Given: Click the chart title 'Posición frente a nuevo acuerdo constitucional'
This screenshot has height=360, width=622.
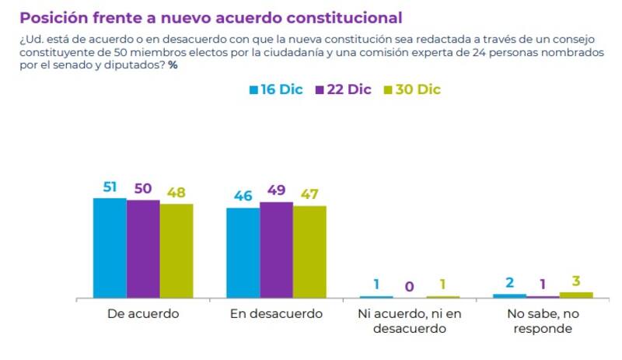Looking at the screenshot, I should [211, 16].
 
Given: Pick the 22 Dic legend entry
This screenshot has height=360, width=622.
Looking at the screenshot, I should [343, 89].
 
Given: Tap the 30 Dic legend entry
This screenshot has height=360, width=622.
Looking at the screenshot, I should [412, 89].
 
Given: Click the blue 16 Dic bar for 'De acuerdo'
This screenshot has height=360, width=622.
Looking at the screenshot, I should [110, 248].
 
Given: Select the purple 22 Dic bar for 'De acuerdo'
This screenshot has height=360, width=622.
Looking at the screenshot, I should [143, 249].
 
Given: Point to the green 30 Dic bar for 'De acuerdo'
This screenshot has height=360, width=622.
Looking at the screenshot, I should [176, 251].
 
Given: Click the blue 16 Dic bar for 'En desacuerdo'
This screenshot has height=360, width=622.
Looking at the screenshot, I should [243, 253].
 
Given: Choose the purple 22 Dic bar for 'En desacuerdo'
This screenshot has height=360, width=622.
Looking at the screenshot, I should [277, 250].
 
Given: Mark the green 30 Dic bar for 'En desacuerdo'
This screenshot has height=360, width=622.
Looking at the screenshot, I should [309, 252].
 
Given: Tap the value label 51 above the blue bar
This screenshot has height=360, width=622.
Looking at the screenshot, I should [110, 187].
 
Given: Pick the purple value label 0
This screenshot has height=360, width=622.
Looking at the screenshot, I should [410, 286].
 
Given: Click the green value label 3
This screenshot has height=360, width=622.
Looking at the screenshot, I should [576, 281].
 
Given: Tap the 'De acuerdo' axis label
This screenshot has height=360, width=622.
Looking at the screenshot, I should [142, 314].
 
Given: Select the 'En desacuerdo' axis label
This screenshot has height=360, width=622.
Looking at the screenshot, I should [276, 314].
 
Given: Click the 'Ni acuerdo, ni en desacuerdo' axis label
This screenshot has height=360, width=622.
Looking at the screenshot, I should [410, 321].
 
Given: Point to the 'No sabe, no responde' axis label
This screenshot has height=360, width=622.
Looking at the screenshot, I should [543, 321].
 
